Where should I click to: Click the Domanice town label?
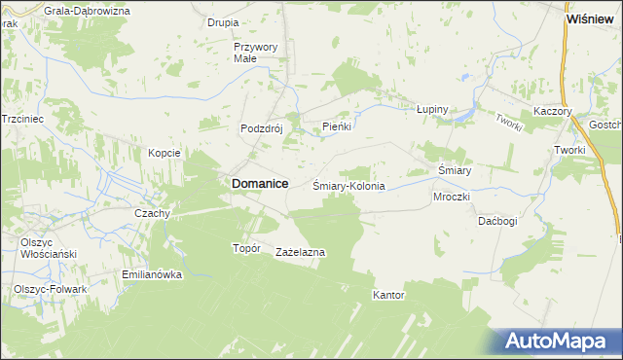coord(258,182)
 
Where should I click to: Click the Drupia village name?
coord(223,21)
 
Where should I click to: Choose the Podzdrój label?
coord(261,127)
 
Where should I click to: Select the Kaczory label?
coord(552,112)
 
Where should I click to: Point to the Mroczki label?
coord(452,196)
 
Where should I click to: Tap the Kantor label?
coord(388,294)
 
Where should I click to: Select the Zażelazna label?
coord(301,252)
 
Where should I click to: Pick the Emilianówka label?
coord(153,274)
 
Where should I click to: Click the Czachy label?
coord(153,213)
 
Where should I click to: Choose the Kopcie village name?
coord(164,153)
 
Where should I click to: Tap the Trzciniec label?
coord(24,117)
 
